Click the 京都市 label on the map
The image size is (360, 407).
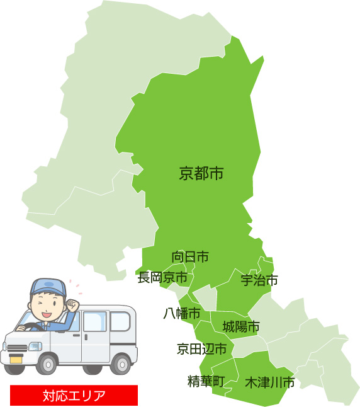(x=201, y=173)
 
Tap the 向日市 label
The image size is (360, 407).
(x=190, y=256)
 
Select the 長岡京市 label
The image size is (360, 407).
(x=162, y=277)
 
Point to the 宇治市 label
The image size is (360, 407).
(x=259, y=280)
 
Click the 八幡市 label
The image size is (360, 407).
(x=182, y=313)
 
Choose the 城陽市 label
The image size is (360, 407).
(x=241, y=326)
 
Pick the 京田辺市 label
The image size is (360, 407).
(x=201, y=349)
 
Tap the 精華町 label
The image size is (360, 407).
(x=206, y=381)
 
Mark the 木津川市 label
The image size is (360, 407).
(x=269, y=382)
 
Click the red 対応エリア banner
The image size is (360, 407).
(x=74, y=396)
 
